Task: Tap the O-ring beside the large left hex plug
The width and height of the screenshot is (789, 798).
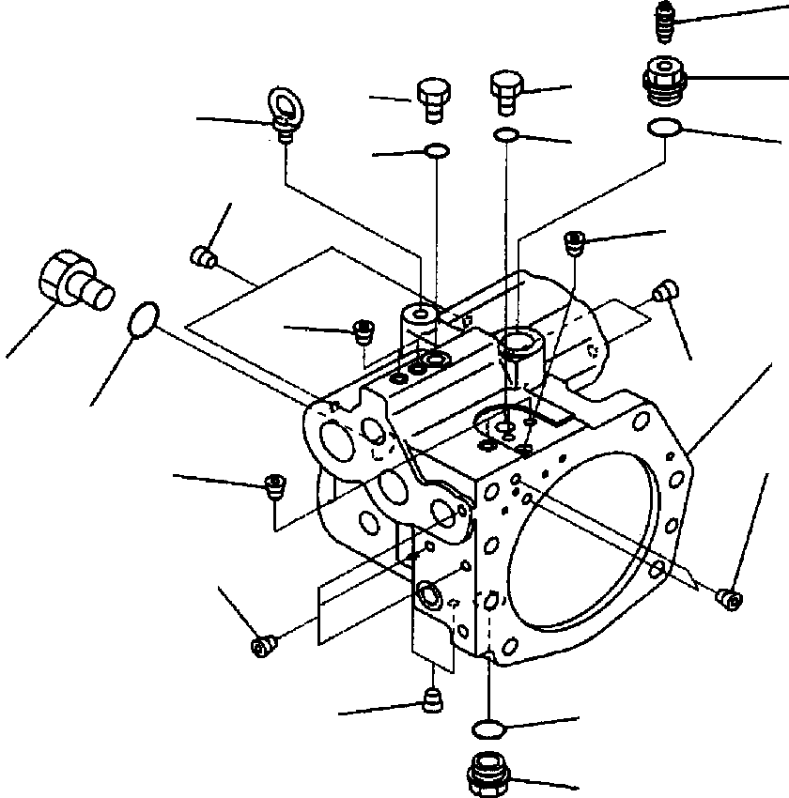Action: point(142,319)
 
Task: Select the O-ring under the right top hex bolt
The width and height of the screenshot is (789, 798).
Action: point(506,134)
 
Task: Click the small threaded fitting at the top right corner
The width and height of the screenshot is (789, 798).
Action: point(665,22)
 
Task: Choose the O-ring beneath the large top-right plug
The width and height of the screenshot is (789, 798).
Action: point(665,129)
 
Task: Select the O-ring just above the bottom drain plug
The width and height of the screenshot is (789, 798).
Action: point(488,729)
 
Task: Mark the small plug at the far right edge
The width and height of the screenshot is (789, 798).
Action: point(728,596)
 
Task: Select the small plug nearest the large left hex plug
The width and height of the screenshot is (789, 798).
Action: point(204,254)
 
